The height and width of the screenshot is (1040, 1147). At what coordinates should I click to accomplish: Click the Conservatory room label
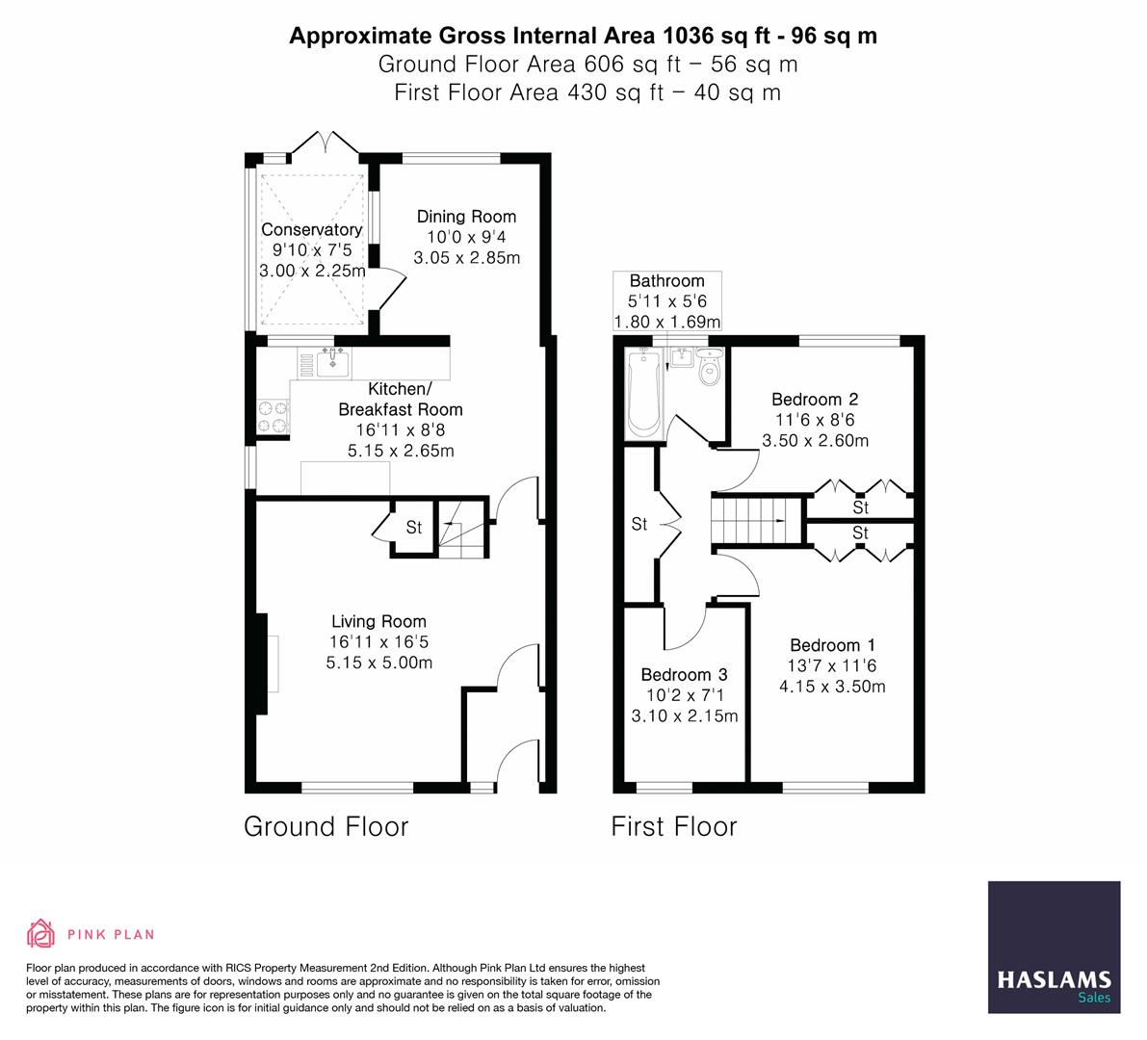pyautogui.click(x=311, y=230)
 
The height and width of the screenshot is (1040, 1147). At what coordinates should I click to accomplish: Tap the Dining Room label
pyautogui.click(x=466, y=217)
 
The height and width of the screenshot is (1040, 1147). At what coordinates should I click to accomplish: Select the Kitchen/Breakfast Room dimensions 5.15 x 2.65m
pyautogui.click(x=400, y=450)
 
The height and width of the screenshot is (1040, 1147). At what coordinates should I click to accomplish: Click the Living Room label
pyautogui.click(x=378, y=622)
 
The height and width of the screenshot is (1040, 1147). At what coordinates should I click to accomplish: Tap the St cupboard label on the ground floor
pyautogui.click(x=413, y=528)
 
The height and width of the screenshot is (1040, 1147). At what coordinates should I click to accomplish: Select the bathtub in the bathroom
pyautogui.click(x=642, y=396)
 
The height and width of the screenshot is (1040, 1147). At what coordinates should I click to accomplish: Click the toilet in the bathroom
pyautogui.click(x=712, y=369)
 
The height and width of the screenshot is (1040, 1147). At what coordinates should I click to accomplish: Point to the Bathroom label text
pyautogui.click(x=666, y=281)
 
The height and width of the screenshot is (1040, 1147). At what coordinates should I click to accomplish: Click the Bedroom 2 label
pyautogui.click(x=815, y=400)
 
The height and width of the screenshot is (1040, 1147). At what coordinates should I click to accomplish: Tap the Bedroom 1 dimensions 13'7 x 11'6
pyautogui.click(x=832, y=666)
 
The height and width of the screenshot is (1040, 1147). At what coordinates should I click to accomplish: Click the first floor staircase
pyautogui.click(x=757, y=520)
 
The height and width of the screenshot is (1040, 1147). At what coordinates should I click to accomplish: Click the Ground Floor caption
pyautogui.click(x=326, y=826)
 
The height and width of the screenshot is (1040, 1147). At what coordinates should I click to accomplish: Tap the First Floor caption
pyautogui.click(x=673, y=826)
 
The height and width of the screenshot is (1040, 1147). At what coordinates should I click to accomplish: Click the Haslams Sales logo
pyautogui.click(x=1054, y=948)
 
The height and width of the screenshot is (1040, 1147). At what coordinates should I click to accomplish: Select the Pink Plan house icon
pyautogui.click(x=40, y=933)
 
